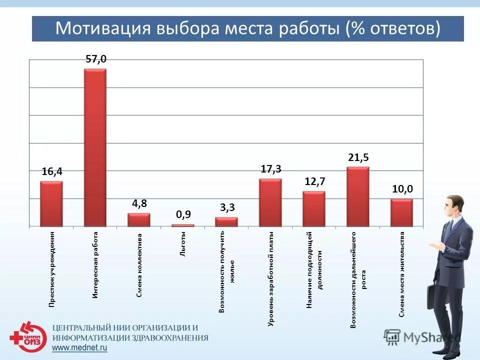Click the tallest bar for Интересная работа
(95, 147)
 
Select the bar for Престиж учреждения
(51, 203)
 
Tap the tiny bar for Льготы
(182, 225)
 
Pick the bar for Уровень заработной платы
(270, 202)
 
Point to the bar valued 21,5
(357, 196)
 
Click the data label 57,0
(96, 59)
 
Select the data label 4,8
(139, 203)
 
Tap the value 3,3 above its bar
(227, 207)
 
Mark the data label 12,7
(314, 181)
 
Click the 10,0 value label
(402, 189)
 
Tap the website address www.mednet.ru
(80, 348)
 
